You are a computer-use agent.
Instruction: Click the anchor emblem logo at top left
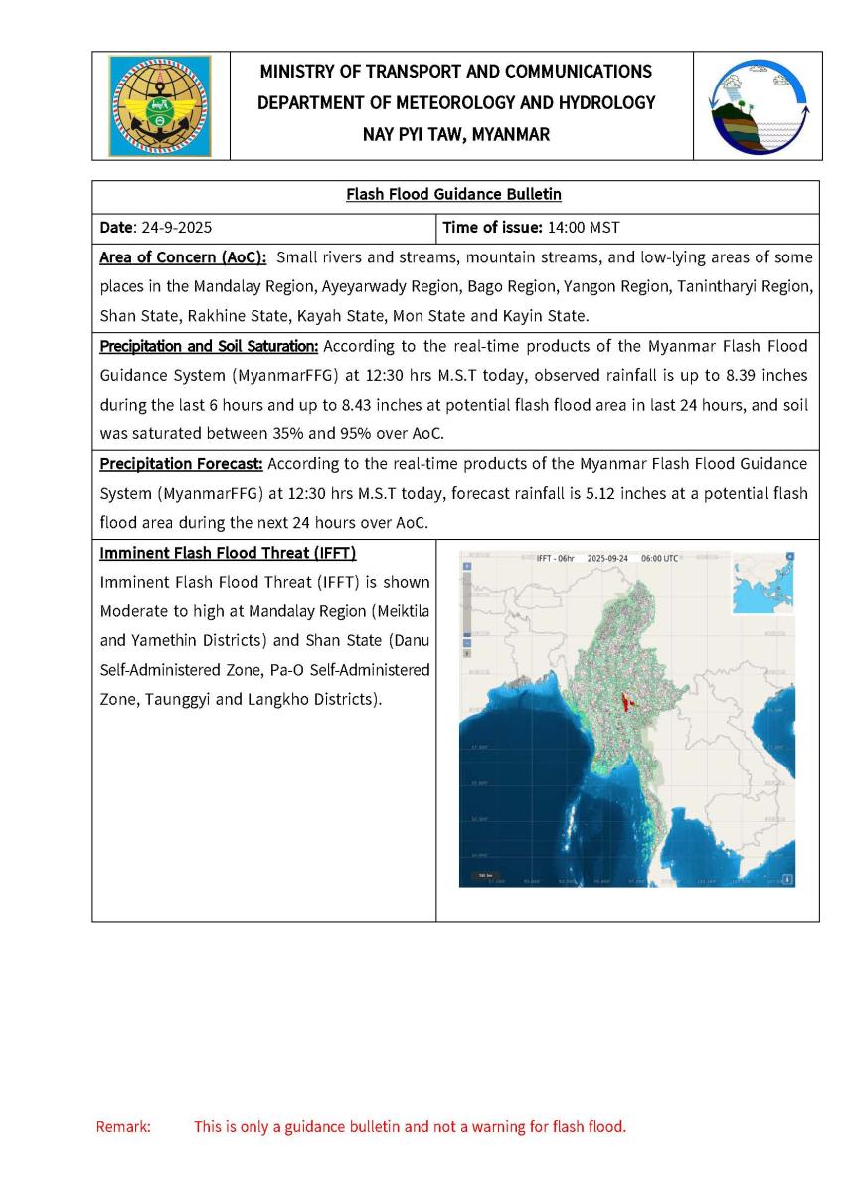click(x=160, y=105)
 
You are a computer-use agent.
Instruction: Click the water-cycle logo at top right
click(x=759, y=105)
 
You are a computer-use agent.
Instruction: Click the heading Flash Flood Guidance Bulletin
click(x=456, y=195)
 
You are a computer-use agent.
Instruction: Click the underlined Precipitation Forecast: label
click(x=182, y=464)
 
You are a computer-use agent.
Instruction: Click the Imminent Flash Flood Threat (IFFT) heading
click(x=228, y=552)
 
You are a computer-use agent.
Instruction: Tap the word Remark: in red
click(x=123, y=1127)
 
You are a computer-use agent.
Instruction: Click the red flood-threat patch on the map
click(x=626, y=700)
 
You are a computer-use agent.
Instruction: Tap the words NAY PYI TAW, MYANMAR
click(x=456, y=134)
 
